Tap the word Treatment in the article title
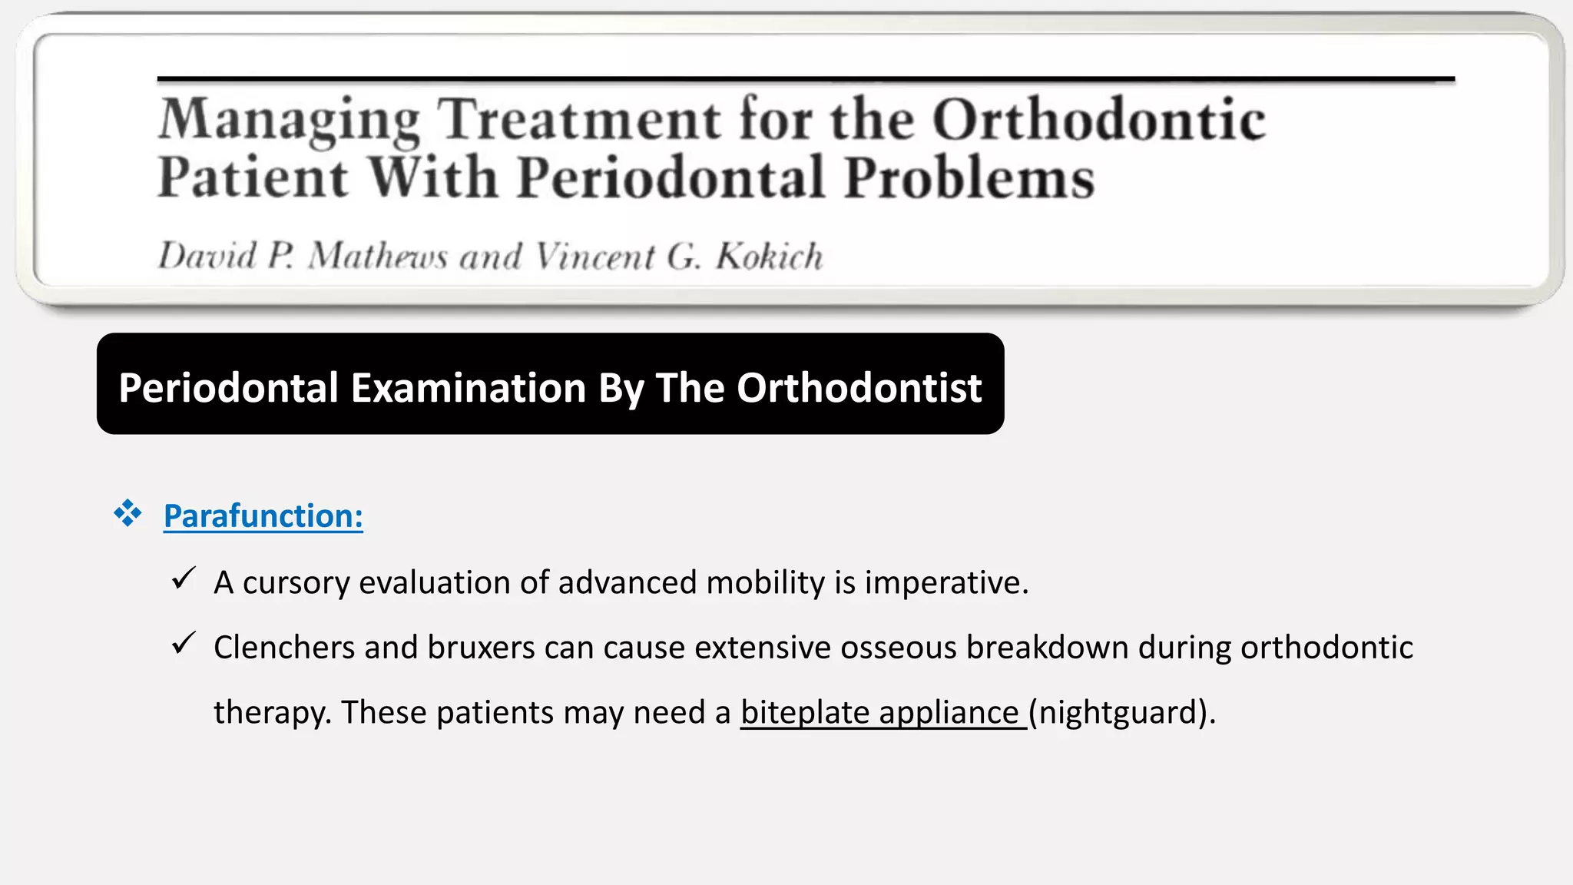[579, 120]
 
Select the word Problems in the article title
[969, 177]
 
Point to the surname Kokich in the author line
[769, 257]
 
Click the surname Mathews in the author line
[377, 257]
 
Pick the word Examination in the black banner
[469, 387]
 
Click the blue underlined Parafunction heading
[263, 515]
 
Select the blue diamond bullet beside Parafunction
[127, 512]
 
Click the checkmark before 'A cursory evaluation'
[184, 578]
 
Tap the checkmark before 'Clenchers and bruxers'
[184, 643]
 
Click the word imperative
[946, 583]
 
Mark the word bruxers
[481, 648]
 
